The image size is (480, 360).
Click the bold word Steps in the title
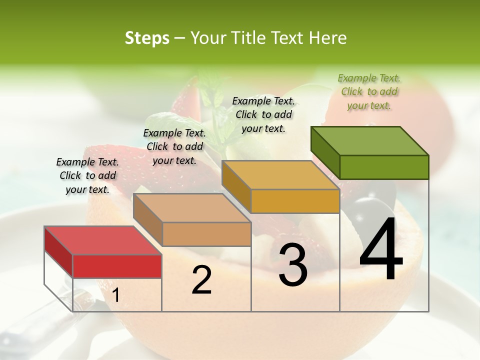(x=147, y=38)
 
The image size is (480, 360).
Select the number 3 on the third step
(x=293, y=265)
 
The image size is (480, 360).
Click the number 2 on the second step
(x=201, y=279)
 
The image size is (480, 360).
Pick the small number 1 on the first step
(x=115, y=295)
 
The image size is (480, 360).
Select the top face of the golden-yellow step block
(x=280, y=175)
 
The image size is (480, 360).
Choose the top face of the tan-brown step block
(x=192, y=208)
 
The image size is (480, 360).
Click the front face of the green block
(x=384, y=167)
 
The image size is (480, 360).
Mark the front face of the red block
(x=117, y=266)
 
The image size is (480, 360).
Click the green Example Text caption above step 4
(x=369, y=91)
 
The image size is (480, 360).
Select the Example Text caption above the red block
(x=87, y=175)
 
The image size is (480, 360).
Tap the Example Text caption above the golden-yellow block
(x=263, y=114)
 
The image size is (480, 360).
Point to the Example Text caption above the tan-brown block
(x=174, y=146)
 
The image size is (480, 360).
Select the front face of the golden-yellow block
(x=295, y=201)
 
